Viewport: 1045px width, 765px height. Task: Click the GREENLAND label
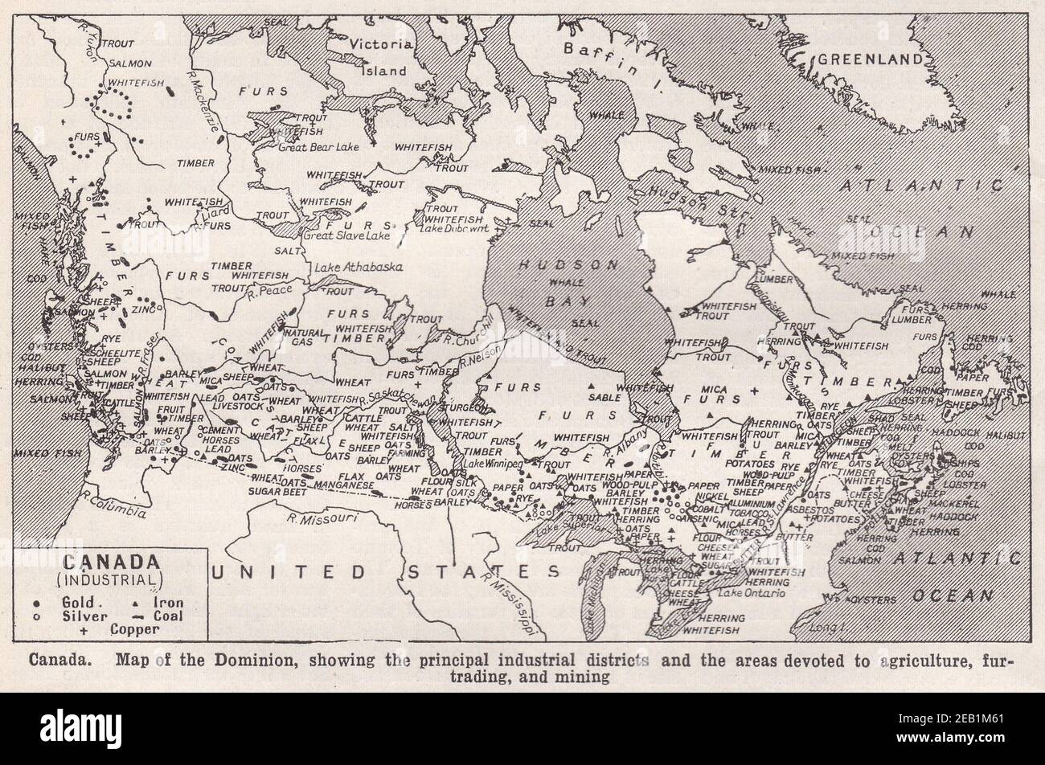click(868, 59)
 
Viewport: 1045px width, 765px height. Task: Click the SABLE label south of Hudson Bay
click(604, 397)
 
